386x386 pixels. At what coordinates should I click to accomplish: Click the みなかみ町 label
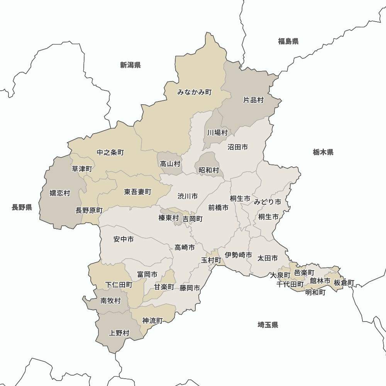click(x=195, y=92)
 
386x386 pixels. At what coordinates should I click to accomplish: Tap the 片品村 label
click(x=253, y=100)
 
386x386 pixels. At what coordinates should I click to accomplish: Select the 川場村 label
click(x=217, y=133)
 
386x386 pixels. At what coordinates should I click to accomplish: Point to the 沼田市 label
click(x=238, y=147)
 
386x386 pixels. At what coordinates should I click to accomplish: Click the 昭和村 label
click(x=209, y=170)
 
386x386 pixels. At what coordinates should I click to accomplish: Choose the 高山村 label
click(x=170, y=164)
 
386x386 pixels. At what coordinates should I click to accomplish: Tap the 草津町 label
click(x=82, y=169)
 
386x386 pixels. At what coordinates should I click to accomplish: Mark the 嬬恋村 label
click(x=60, y=193)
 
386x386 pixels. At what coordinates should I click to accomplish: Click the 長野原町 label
click(x=89, y=210)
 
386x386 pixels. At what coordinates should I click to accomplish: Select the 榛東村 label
click(x=169, y=218)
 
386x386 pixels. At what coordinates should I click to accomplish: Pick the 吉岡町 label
click(x=193, y=219)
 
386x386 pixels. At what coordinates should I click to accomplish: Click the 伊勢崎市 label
click(x=239, y=255)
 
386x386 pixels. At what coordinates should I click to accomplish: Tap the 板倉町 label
click(x=344, y=283)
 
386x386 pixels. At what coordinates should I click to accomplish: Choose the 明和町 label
click(x=315, y=292)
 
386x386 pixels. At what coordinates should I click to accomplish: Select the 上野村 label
click(x=119, y=333)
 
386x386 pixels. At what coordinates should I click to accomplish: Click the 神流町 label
click(x=152, y=320)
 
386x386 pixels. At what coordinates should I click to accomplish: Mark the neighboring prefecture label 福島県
click(x=288, y=41)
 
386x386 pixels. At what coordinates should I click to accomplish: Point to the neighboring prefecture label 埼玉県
click(x=268, y=325)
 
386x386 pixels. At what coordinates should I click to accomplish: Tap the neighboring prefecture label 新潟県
click(x=130, y=65)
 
